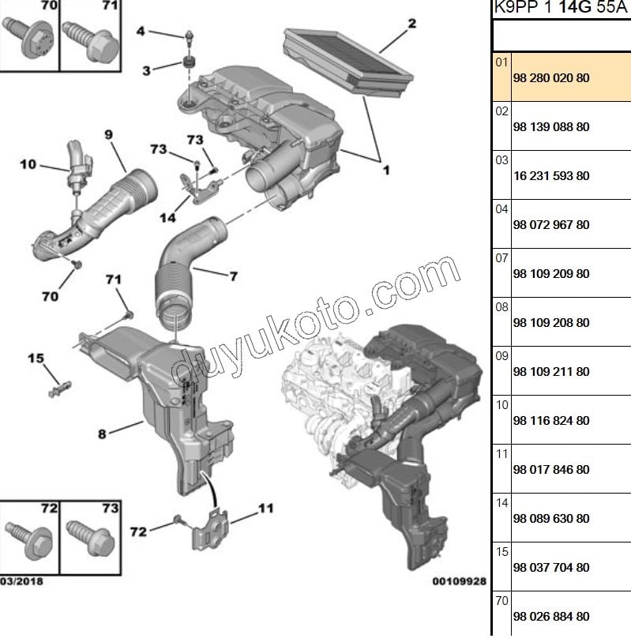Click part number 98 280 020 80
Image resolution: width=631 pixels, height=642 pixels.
[x=551, y=78]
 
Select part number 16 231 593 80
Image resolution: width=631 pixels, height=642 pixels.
[x=551, y=176]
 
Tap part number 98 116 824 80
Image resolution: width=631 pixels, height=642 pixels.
[x=551, y=421]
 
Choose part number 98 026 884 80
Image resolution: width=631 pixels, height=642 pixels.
[x=551, y=617]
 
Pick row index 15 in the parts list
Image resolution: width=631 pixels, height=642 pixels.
[x=501, y=552]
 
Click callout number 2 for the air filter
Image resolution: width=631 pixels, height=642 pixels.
[x=411, y=24]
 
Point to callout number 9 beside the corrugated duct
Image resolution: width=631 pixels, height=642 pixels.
[x=108, y=135]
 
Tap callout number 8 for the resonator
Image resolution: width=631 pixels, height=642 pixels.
[x=102, y=433]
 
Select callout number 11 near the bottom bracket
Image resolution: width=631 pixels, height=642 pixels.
[x=265, y=509]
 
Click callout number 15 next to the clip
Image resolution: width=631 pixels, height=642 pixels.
[x=36, y=359]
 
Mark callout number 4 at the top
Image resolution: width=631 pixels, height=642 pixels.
[x=141, y=32]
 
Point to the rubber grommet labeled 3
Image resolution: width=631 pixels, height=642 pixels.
[x=190, y=63]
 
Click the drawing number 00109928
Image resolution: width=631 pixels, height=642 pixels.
[x=458, y=582]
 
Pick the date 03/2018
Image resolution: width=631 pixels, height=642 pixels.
[x=21, y=582]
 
